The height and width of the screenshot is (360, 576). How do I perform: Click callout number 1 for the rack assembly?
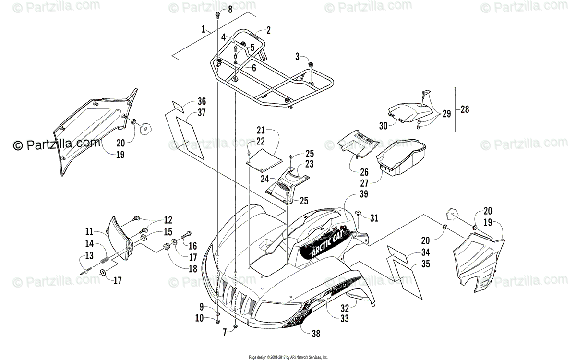click(204, 29)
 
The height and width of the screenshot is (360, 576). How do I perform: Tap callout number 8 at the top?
click(229, 10)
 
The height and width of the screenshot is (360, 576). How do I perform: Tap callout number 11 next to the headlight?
click(89, 231)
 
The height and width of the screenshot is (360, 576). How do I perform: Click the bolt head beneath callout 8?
click(218, 16)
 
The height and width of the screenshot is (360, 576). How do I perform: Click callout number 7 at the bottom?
click(224, 332)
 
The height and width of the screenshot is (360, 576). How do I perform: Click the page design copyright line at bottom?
click(288, 357)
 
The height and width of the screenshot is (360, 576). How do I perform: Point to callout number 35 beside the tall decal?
click(424, 264)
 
